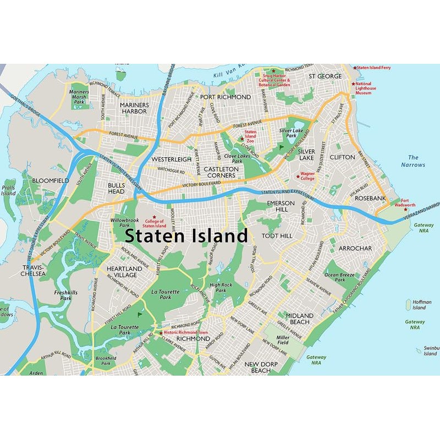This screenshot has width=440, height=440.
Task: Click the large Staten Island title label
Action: pos(186,235)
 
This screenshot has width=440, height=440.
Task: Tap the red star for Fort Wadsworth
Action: pos(405,210)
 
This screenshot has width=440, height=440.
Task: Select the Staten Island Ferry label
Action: pos(375,68)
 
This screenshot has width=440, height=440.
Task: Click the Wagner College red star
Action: pos(298,177)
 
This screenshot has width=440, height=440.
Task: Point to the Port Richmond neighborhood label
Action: pos(226,97)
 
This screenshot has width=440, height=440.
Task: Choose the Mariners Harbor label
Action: pos(134,108)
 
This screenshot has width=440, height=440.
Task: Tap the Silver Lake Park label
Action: pos(291,133)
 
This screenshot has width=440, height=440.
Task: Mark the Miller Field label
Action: pos(283,340)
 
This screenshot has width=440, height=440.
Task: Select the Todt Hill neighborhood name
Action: pos(277,235)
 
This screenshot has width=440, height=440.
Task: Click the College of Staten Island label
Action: pos(155,223)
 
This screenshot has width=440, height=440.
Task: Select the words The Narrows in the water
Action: pos(413,161)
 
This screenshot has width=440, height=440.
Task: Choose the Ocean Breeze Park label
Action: pos(340,277)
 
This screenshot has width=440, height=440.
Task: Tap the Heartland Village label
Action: pos(122,271)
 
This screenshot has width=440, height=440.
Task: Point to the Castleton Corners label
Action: pos(221,172)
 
